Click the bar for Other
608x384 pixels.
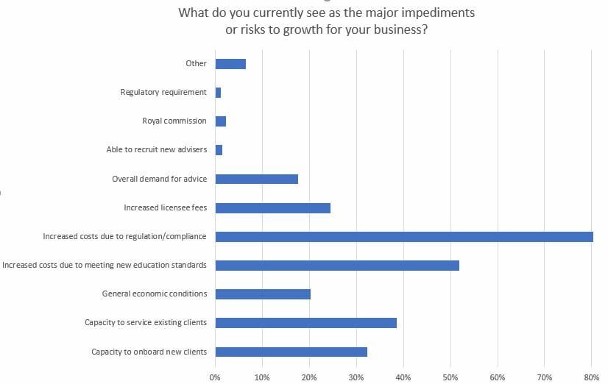pos(230,64)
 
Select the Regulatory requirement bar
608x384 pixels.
pos(218,93)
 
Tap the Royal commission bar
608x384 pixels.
pos(221,121)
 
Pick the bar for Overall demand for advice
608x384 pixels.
pos(256,179)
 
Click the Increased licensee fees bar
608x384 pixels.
pos(272,207)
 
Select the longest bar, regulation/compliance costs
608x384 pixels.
pos(404,237)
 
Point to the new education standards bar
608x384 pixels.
pos(337,265)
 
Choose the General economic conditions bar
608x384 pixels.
pos(263,294)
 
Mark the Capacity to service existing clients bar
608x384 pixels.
pos(305,323)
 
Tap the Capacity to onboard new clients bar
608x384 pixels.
pos(291,352)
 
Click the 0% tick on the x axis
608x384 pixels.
pos(215,377)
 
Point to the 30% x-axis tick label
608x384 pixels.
pos(356,377)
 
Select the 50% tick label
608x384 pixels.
pos(450,377)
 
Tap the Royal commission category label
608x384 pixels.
pos(174,121)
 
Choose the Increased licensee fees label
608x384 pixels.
pos(166,207)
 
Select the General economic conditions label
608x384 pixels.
pos(155,294)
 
